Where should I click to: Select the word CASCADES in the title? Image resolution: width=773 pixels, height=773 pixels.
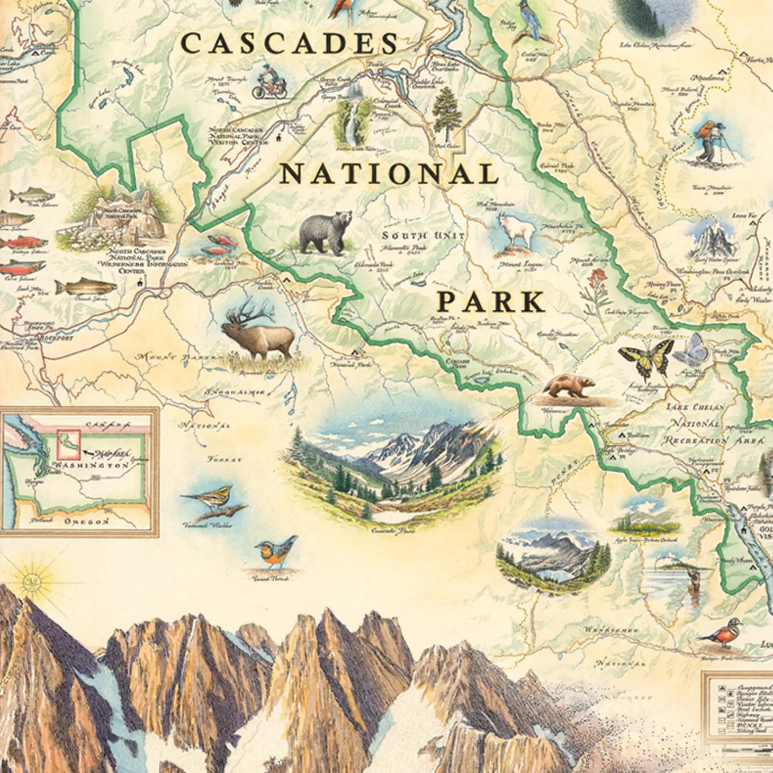coord(289,43)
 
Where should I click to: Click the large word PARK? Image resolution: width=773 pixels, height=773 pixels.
coord(490,302)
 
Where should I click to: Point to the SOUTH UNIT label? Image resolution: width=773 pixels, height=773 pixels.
coord(423,236)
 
